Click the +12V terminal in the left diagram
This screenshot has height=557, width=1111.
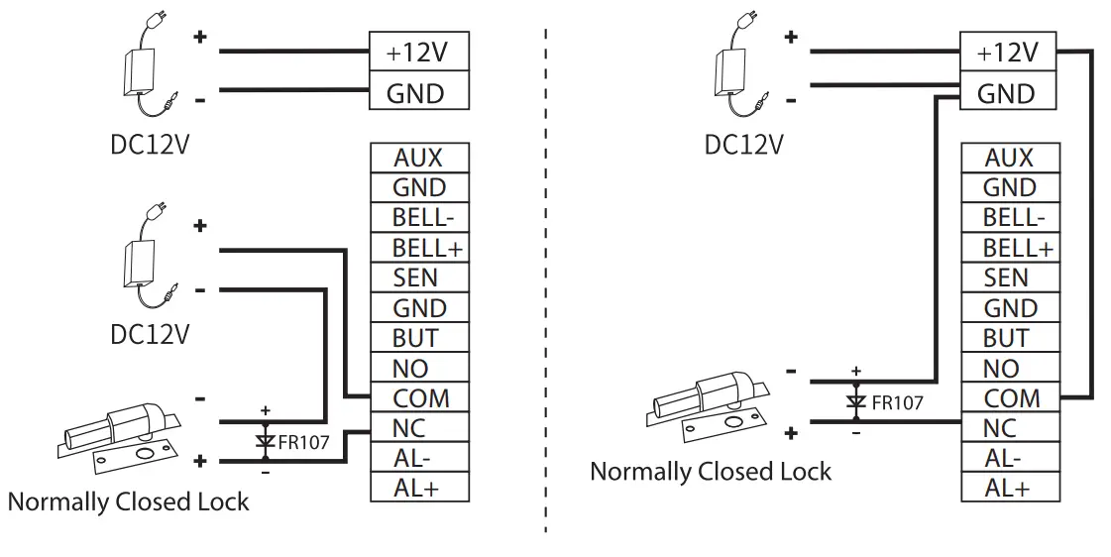pos(418,51)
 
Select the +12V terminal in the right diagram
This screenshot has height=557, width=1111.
pos(1009,51)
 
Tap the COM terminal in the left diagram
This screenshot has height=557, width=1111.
pos(418,398)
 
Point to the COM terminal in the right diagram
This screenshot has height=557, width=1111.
pos(1010,398)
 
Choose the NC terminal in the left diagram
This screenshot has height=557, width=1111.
pos(418,428)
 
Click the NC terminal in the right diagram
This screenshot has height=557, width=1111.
pos(1010,428)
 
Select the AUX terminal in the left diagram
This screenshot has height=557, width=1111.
pos(418,158)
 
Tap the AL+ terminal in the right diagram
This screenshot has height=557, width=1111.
pos(1010,488)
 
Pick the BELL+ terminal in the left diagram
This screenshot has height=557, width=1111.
pos(418,248)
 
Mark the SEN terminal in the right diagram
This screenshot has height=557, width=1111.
pos(1010,278)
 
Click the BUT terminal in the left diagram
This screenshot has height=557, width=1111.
pos(418,338)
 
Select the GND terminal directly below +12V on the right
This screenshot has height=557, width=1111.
pos(1009,93)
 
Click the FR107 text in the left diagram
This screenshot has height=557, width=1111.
pos(302,441)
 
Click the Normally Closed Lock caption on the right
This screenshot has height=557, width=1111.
pos(711,471)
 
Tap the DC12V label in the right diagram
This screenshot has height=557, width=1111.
pos(743,145)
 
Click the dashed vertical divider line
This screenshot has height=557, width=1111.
pos(546,278)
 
